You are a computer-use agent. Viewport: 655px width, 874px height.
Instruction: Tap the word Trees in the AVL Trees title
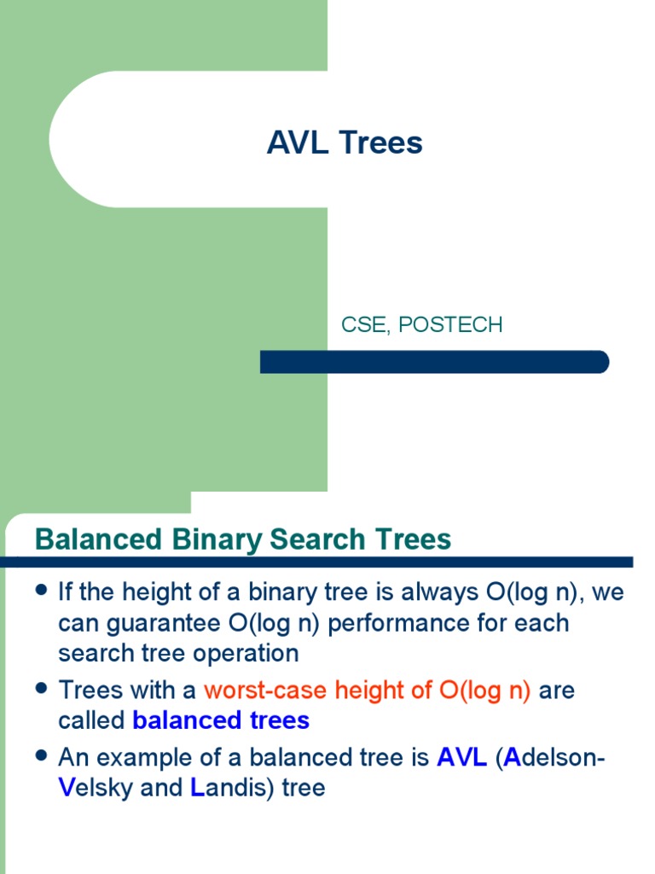click(x=381, y=143)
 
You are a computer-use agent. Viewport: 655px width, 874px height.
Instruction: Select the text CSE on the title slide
click(x=362, y=324)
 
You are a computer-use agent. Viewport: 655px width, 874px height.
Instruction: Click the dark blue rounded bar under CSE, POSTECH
click(x=434, y=362)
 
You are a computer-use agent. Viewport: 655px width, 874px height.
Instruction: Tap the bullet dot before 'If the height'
click(x=41, y=591)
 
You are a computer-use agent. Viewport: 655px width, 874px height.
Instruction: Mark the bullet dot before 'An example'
click(x=41, y=755)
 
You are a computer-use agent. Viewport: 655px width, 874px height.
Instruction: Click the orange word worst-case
click(x=264, y=690)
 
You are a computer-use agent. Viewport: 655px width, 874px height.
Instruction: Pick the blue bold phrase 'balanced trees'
click(x=221, y=720)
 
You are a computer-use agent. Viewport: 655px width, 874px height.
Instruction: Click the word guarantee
click(x=170, y=623)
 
